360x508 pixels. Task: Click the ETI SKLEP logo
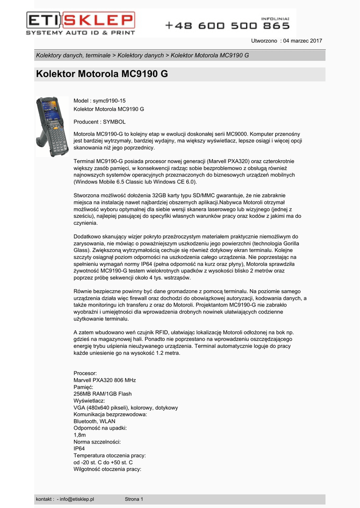pyautogui.click(x=80, y=23)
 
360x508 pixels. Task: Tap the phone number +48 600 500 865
pyautogui.click(x=227, y=25)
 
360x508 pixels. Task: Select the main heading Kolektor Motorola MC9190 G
pyautogui.click(x=102, y=74)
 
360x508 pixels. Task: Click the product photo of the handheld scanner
pyautogui.click(x=52, y=126)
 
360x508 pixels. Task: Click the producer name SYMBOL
pyautogui.click(x=114, y=122)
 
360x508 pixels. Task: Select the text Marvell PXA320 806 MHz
pyautogui.click(x=104, y=380)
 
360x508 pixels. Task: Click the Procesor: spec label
pyautogui.click(x=85, y=373)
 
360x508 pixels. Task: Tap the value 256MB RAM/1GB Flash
pyautogui.click(x=102, y=394)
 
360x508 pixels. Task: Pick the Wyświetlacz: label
pyautogui.click(x=89, y=401)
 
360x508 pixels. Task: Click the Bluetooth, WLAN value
pyautogui.click(x=94, y=421)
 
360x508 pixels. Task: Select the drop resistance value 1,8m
pyautogui.click(x=80, y=435)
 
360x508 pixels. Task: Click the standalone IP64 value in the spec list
pyautogui.click(x=79, y=448)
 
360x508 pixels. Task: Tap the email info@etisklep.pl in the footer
pyautogui.click(x=76, y=499)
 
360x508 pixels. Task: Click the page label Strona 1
pyautogui.click(x=134, y=499)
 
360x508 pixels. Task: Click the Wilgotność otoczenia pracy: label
pyautogui.click(x=107, y=469)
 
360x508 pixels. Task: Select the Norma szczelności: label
pyautogui.click(x=97, y=442)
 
